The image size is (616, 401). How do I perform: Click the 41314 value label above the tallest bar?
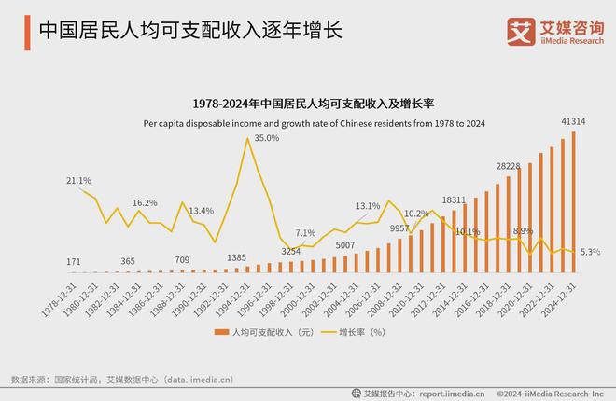[x=572, y=122]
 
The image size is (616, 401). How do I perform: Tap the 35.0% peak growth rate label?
[x=267, y=138]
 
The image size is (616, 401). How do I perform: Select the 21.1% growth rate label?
[x=78, y=180]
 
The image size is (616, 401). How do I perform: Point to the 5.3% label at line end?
[x=590, y=252]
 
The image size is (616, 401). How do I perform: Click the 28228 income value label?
[x=509, y=166]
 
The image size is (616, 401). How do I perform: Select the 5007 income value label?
[x=346, y=245]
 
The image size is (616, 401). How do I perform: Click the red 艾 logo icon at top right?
[x=520, y=31]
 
